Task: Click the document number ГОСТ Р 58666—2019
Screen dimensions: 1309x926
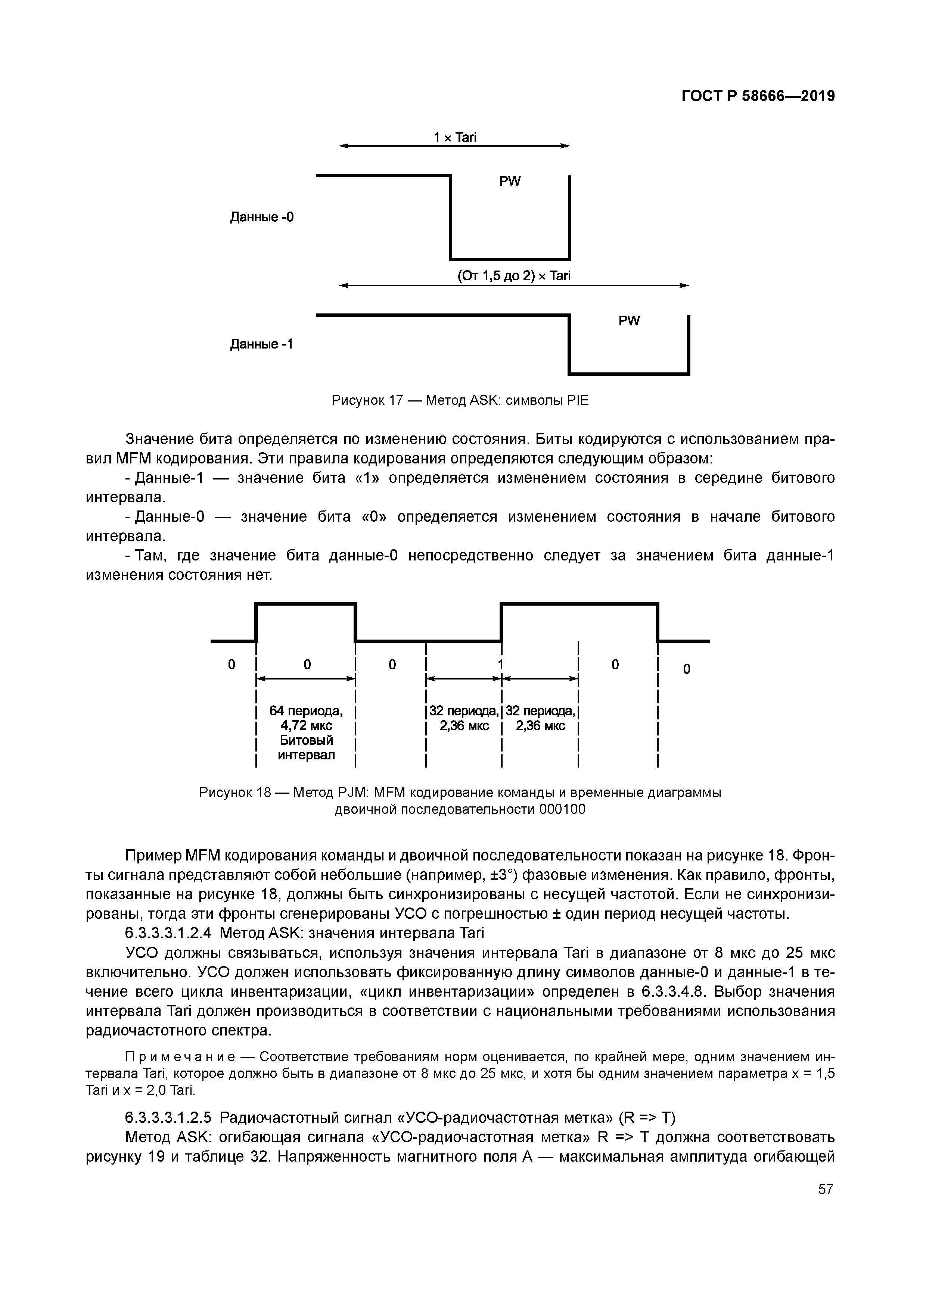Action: [758, 96]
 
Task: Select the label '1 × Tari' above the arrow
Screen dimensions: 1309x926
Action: [455, 137]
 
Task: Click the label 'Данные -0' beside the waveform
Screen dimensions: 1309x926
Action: [262, 217]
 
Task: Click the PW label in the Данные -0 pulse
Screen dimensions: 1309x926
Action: [510, 181]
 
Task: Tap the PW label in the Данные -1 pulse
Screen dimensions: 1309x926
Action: [629, 321]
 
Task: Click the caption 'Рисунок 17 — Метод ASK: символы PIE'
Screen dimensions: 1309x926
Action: [460, 401]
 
